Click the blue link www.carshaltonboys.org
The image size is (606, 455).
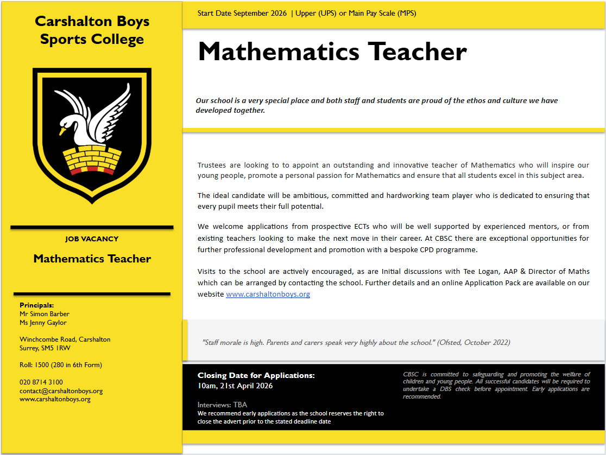(x=268, y=294)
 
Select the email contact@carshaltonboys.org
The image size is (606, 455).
(x=61, y=390)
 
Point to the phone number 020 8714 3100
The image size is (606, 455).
(x=41, y=382)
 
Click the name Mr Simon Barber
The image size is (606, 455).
(x=45, y=313)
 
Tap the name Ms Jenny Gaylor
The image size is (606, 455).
(x=43, y=322)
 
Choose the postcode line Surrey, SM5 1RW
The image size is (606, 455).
(x=45, y=348)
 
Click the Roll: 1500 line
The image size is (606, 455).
(x=61, y=365)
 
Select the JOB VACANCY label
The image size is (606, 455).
(x=92, y=239)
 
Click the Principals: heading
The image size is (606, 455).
(x=37, y=305)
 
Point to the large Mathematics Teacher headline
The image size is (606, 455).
(x=332, y=52)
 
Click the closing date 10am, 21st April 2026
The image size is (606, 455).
(x=235, y=386)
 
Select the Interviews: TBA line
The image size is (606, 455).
(x=222, y=405)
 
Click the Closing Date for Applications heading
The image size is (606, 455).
(x=256, y=375)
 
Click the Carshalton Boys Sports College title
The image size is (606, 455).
(x=92, y=30)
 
